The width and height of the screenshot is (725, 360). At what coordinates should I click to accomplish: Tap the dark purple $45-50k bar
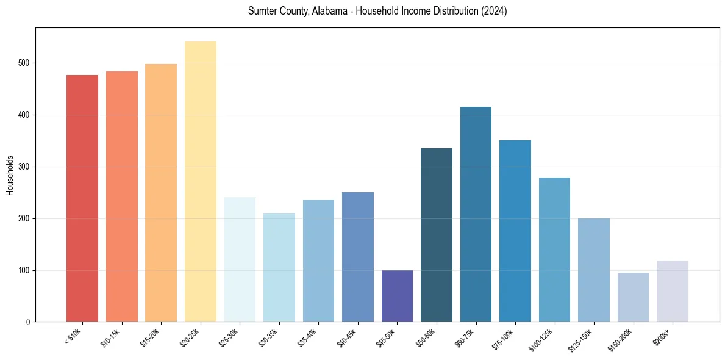(397, 296)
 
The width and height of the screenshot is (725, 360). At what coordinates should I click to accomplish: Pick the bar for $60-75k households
(476, 214)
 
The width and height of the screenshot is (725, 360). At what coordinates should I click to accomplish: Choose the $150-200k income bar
(633, 297)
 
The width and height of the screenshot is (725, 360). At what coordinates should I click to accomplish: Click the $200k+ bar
(673, 291)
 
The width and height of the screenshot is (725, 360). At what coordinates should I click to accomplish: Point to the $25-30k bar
(240, 259)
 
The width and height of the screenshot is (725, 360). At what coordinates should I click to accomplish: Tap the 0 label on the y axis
(29, 322)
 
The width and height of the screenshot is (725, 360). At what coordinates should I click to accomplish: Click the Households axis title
(10, 175)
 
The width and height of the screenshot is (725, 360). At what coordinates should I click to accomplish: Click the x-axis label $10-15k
(110, 337)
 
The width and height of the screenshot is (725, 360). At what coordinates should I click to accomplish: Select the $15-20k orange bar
(161, 193)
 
